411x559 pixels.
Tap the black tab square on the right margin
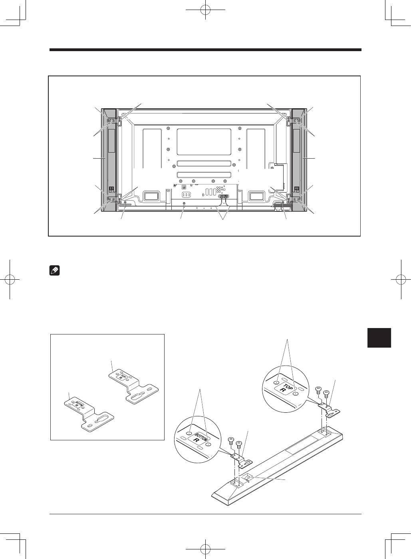coord(379,338)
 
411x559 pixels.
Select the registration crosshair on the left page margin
coord(10,279)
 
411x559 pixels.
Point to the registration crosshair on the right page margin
coord(401,279)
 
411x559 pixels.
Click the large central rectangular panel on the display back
coord(204,142)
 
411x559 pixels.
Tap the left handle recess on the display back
coord(151,196)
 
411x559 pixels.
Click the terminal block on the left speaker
coord(112,189)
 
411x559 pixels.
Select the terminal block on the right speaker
coord(296,189)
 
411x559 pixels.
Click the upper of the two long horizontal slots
coord(204,164)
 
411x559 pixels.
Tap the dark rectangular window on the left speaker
coord(111,141)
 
